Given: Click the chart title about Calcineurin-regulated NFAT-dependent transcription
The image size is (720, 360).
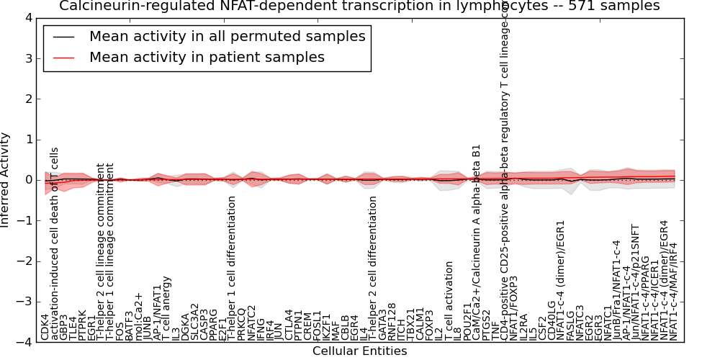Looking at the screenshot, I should pyautogui.click(x=359, y=6).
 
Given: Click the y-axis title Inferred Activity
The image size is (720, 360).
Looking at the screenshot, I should pyautogui.click(x=6, y=180).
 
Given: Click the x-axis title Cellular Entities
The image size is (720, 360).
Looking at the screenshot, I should pyautogui.click(x=359, y=351).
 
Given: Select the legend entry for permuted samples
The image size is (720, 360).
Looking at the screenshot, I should pyautogui.click(x=227, y=37).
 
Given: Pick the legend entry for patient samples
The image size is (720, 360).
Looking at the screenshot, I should pyautogui.click(x=207, y=58).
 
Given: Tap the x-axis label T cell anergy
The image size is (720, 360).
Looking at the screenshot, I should pyautogui.click(x=166, y=307).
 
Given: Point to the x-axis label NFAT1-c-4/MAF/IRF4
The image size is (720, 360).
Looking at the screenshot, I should pyautogui.click(x=673, y=292).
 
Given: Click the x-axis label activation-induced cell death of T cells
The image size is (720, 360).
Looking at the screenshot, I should pyautogui.click(x=54, y=245).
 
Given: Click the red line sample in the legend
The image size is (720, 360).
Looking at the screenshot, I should pyautogui.click(x=63, y=58).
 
